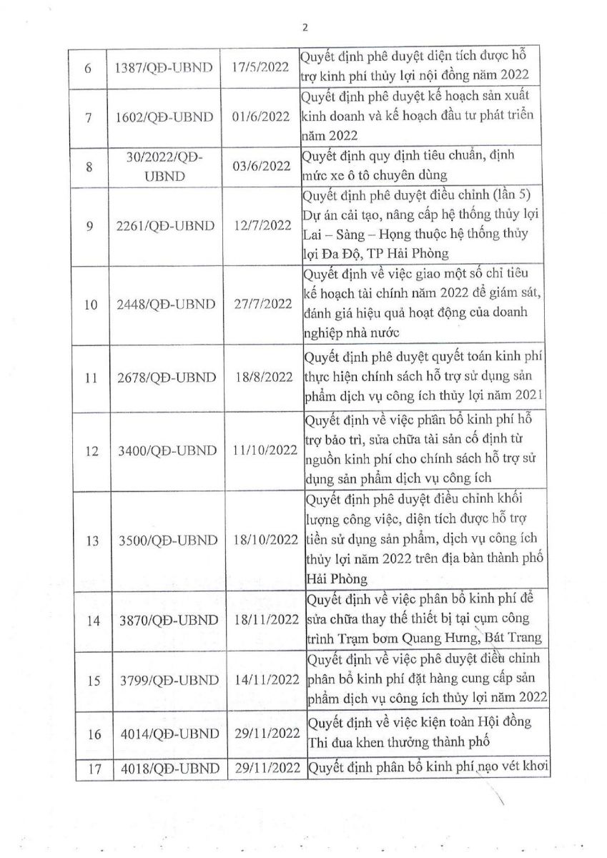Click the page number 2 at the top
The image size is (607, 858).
pyautogui.click(x=305, y=28)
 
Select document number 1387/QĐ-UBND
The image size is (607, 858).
pyautogui.click(x=164, y=67)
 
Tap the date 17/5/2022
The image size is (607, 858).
pyautogui.click(x=261, y=67)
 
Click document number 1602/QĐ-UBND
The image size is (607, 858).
pyautogui.click(x=164, y=117)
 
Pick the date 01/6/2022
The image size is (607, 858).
pyautogui.click(x=261, y=117)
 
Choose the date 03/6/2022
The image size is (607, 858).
pyautogui.click(x=261, y=167)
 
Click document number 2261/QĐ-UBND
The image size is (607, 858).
pyautogui.click(x=164, y=226)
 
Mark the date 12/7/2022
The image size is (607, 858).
pyautogui.click(x=261, y=226)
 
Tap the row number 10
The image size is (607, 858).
pyautogui.click(x=91, y=304)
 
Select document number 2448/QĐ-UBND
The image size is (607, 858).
pyautogui.click(x=164, y=304)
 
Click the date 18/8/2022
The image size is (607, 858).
pyautogui.click(x=261, y=378)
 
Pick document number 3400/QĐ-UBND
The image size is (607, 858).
pyautogui.click(x=164, y=451)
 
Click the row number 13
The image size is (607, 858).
pyautogui.click(x=91, y=541)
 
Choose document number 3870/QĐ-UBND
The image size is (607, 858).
pyautogui.click(x=164, y=621)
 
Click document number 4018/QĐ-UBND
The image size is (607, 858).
pyautogui.click(x=164, y=769)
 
